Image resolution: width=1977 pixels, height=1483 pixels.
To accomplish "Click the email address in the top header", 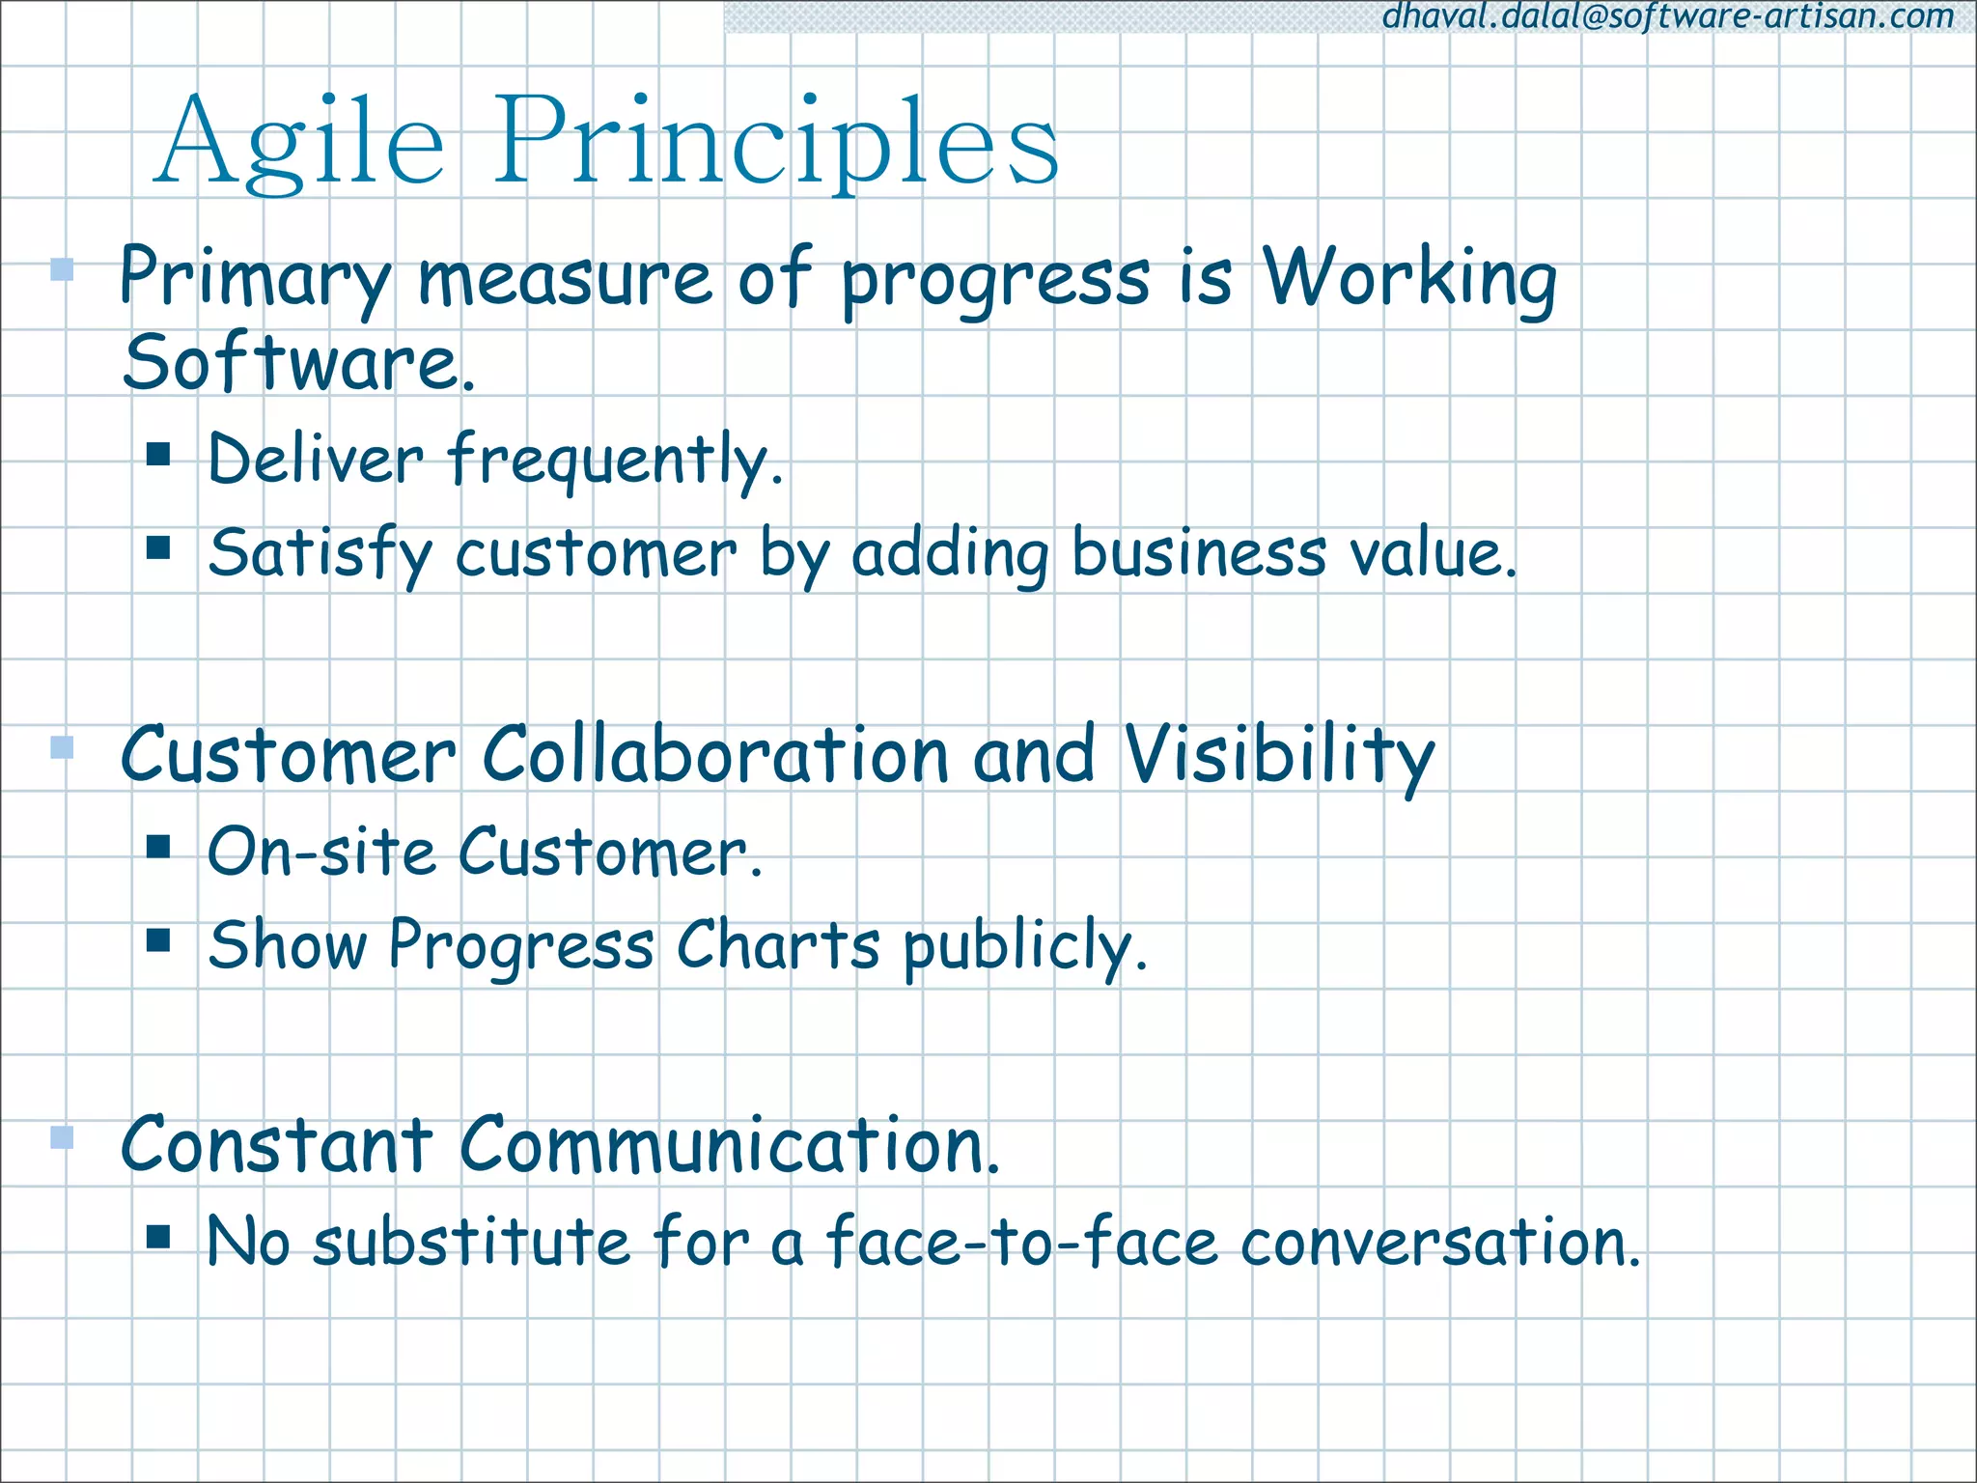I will tap(1667, 16).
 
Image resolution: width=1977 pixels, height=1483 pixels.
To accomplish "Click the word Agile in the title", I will tap(299, 143).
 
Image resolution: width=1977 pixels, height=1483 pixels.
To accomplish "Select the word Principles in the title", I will tap(776, 143).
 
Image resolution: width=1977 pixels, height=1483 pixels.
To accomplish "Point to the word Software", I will tap(298, 363).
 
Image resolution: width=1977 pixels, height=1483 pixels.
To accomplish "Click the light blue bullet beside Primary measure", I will tap(62, 268).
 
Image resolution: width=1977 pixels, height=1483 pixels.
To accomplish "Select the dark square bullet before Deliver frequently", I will tap(159, 454).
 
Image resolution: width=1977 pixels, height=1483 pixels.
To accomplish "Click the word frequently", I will tap(614, 461).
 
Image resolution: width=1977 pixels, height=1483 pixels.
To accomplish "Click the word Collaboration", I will tap(715, 754).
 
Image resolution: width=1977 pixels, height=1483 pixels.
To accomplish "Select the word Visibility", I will tap(1279, 756).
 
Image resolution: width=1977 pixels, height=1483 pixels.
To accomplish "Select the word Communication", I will tap(729, 1145).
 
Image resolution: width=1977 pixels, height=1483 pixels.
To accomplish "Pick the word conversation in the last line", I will tap(1439, 1242).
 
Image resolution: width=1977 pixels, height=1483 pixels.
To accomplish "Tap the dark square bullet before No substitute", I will tap(159, 1237).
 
